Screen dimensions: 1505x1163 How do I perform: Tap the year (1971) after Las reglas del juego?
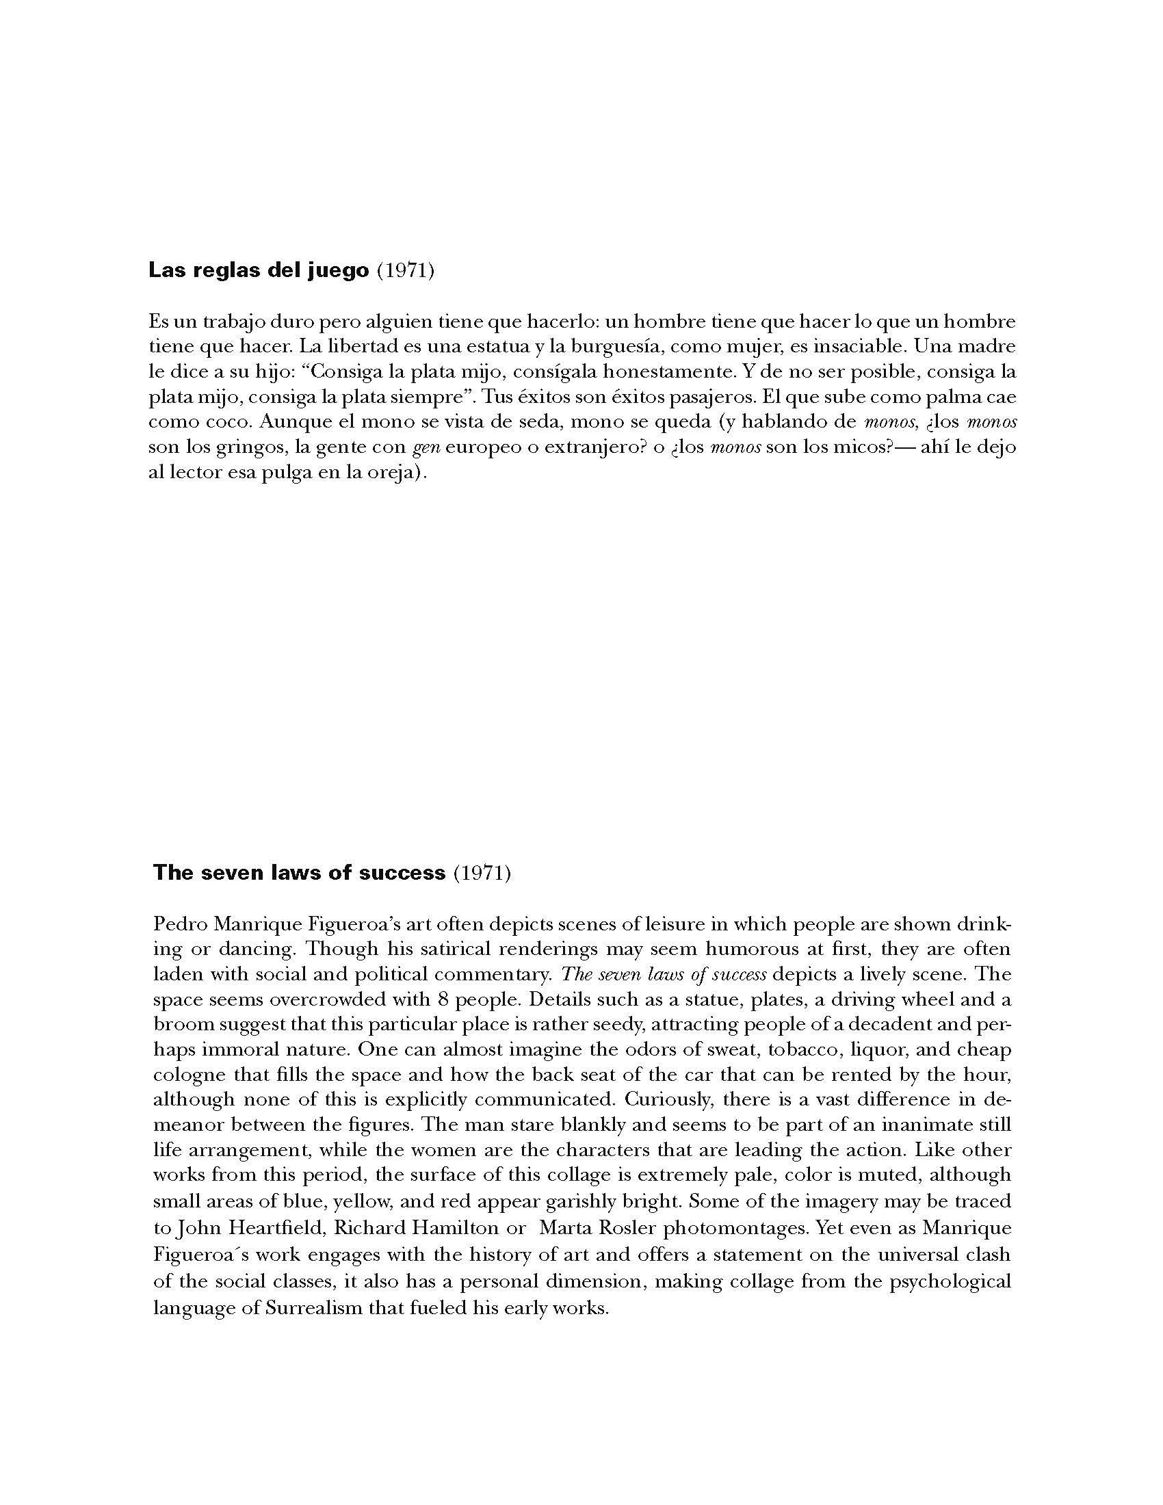[406, 271]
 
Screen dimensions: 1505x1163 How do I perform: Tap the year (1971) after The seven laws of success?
[482, 873]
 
